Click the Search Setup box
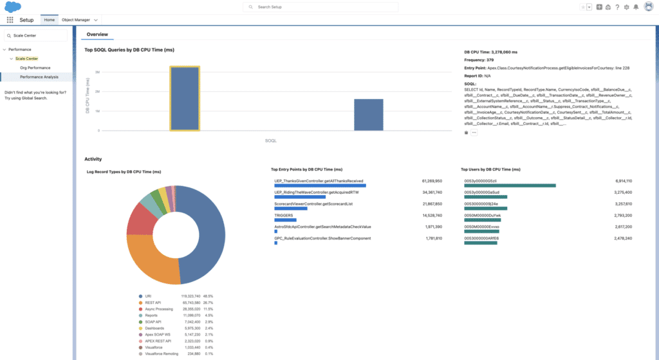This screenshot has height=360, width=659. point(320,6)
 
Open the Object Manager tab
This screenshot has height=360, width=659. point(75,20)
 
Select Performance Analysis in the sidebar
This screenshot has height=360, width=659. point(39,77)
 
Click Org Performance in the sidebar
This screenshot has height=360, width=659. point(35,67)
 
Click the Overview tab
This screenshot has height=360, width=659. point(97,34)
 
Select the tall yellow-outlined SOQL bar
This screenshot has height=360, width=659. point(185,99)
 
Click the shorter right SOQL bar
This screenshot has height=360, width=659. point(369,115)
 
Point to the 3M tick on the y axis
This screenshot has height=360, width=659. point(97,72)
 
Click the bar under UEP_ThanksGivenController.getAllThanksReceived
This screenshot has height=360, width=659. point(320,186)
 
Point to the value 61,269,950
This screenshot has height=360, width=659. point(432,181)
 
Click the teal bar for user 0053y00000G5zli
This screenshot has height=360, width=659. point(510,186)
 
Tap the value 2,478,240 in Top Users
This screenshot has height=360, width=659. point(622,238)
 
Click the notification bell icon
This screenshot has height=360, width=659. point(636,7)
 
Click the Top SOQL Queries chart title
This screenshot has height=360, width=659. point(129,50)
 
